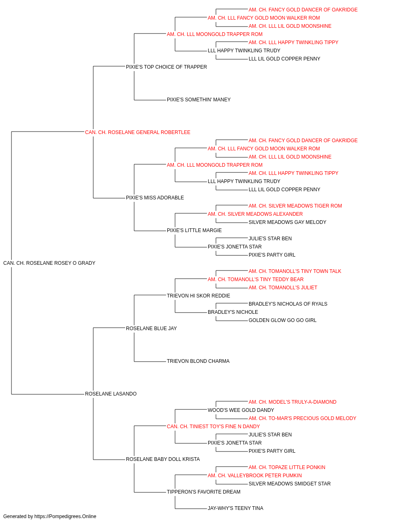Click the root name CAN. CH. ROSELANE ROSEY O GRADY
pos(49,263)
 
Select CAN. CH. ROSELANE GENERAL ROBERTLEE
pos(137,132)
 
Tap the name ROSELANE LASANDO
pos(111,394)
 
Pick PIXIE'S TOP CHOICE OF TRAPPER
pos(166,67)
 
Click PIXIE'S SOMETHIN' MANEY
pos(199,100)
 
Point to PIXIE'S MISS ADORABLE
pos(155,198)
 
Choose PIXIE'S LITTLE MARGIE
pos(194,230)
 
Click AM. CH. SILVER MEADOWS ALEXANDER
pos(255,214)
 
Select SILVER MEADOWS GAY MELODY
pos(288,222)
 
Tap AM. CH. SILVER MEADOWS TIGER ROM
pos(295,206)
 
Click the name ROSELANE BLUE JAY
pos(151,328)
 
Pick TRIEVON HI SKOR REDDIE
pos(198,295)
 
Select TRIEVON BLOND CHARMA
pos(198,361)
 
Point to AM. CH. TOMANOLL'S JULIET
pos(283,287)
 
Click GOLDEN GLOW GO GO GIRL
pos(283,320)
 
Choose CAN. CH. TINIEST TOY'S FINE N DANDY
pos(213,427)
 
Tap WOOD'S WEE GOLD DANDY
pos(241,410)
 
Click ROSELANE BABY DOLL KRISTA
pos(163,459)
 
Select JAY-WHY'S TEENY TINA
pos(235,508)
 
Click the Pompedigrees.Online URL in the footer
pos(65,516)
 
